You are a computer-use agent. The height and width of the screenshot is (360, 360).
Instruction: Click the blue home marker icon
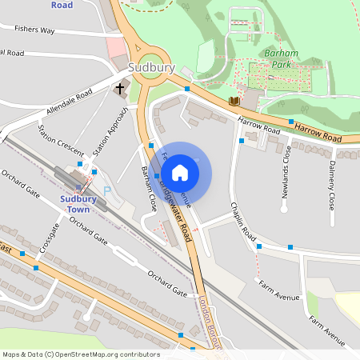(180, 172)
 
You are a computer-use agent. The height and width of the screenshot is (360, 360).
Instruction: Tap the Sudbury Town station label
(77, 204)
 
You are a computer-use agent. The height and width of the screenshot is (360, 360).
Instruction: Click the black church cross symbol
(121, 88)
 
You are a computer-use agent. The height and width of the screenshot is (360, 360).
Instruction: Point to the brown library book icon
(234, 101)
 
